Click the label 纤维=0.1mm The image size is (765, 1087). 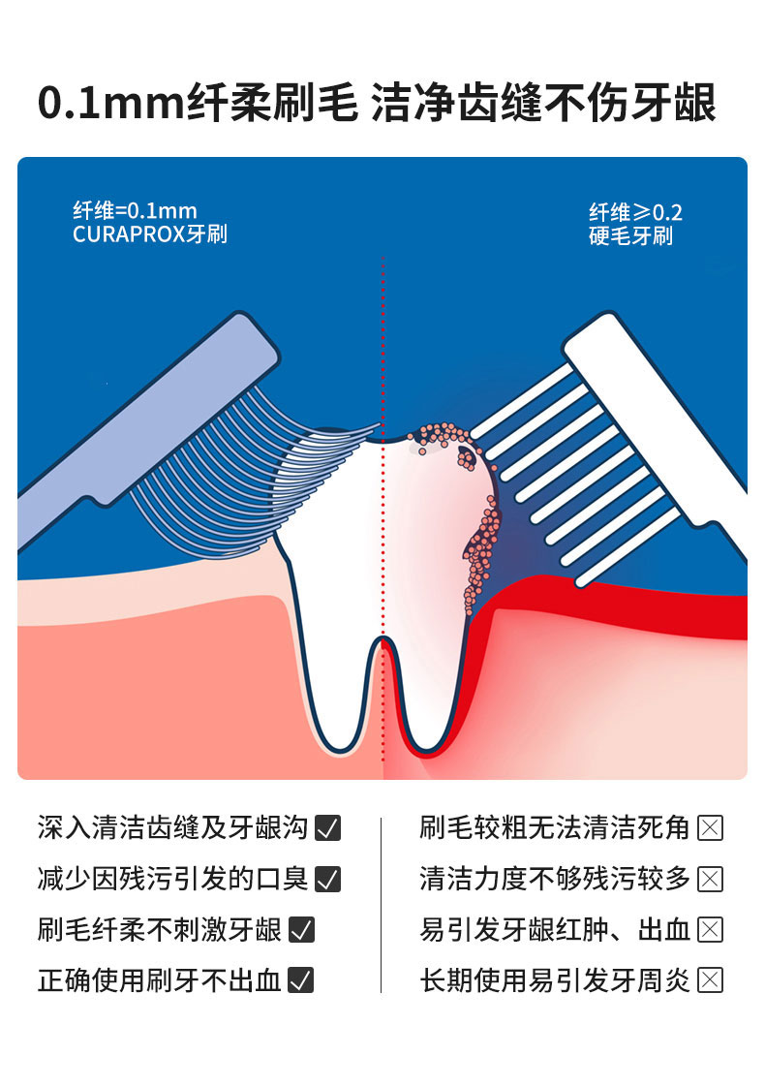(135, 211)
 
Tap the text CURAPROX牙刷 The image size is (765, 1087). (149, 234)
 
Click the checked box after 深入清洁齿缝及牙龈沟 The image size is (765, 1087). (328, 828)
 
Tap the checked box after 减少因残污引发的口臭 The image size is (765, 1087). (328, 879)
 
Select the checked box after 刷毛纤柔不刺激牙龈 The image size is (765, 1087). (302, 930)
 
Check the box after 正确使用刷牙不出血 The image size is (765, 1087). (302, 980)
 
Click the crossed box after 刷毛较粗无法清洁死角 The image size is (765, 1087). (711, 828)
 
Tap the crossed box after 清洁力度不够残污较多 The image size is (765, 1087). (711, 879)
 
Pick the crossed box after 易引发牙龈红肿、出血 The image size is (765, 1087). (711, 930)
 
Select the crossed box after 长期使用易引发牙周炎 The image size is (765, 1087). (711, 980)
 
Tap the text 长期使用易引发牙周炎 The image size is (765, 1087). (555, 980)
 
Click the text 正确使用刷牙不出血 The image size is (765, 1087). (160, 980)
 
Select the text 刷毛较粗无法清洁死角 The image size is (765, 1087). (555, 828)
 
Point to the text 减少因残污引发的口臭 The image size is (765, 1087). (172, 879)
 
